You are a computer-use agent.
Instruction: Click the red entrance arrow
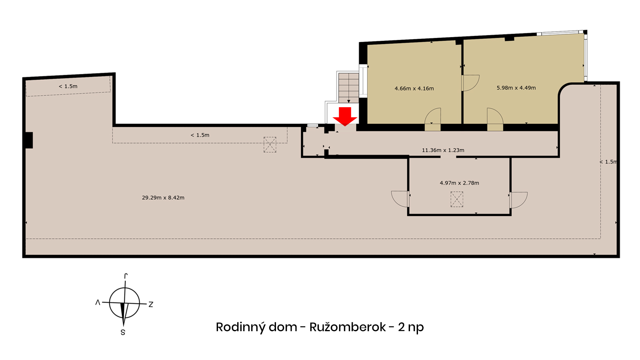(345, 116)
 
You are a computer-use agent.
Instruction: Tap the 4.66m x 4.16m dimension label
(414, 88)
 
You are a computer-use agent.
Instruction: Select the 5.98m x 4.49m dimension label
(516, 88)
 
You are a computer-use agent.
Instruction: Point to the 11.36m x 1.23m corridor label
(443, 150)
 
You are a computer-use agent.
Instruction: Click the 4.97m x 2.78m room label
(459, 183)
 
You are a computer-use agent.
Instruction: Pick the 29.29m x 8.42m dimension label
(163, 198)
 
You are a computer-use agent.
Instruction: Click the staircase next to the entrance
(348, 88)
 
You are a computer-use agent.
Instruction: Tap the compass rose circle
(124, 303)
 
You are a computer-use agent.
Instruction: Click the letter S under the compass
(123, 332)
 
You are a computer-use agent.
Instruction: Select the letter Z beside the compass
(150, 304)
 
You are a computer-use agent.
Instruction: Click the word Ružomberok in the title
(348, 327)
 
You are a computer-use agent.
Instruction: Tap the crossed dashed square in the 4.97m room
(456, 199)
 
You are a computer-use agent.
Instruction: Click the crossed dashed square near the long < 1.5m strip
(270, 144)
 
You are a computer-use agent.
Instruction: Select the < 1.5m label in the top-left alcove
(68, 86)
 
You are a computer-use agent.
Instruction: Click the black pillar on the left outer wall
(29, 140)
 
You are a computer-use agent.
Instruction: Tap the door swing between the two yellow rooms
(470, 83)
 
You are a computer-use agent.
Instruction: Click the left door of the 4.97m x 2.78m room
(400, 199)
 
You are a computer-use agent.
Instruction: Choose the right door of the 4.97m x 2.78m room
(518, 200)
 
